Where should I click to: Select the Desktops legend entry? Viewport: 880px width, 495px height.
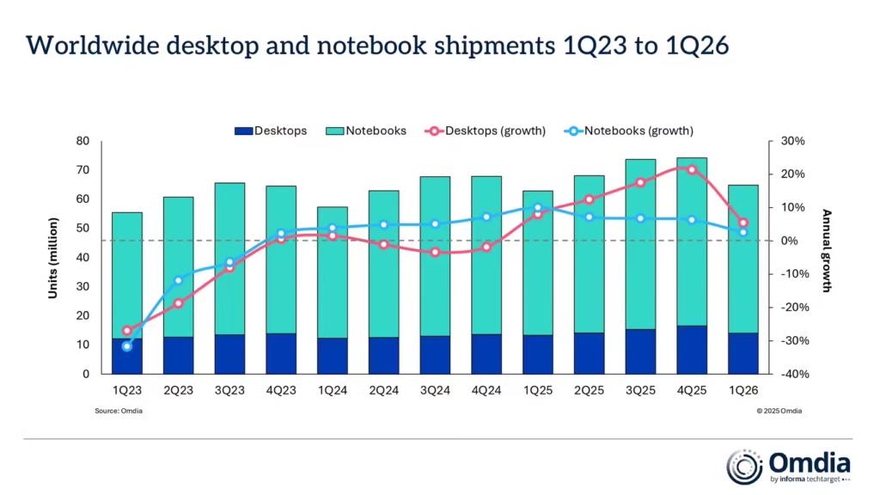click(271, 131)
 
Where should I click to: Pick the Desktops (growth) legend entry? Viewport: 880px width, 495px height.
click(486, 131)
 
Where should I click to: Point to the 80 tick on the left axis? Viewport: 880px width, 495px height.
click(83, 141)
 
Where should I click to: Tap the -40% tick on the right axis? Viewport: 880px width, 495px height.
click(793, 374)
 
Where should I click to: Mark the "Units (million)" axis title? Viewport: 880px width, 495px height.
click(52, 258)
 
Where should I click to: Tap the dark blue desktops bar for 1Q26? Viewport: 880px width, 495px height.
click(743, 353)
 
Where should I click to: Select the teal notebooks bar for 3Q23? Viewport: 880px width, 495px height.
click(229, 258)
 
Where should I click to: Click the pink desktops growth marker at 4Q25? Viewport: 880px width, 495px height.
click(692, 169)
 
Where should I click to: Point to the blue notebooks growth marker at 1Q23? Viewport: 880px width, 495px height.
click(127, 346)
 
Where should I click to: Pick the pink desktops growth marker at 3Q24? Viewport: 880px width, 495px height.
click(435, 252)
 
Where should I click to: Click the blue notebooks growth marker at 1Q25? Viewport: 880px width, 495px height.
click(538, 207)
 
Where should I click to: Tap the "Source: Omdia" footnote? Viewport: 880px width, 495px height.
click(119, 411)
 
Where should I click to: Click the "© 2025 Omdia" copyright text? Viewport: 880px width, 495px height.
click(779, 411)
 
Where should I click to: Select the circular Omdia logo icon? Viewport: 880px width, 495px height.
click(744, 466)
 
